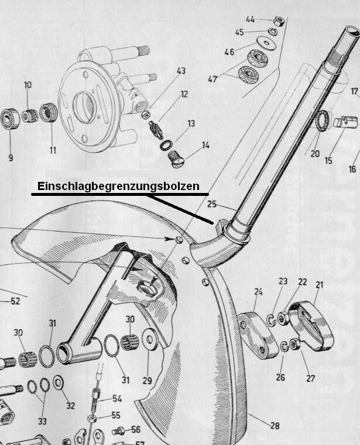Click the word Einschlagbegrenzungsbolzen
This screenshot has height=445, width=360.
coord(118,187)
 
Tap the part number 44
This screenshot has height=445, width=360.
coord(250,19)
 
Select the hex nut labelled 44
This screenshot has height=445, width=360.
coord(279,21)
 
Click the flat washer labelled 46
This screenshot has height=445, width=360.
coord(266,43)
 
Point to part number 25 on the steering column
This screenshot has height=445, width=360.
coord(212,204)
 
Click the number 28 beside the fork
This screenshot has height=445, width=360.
coord(275,426)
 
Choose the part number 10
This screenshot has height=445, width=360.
coord(28,85)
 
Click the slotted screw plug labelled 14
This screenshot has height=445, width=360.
coord(176,160)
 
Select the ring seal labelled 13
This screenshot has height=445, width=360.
coord(166,145)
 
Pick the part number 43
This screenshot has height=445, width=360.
coord(181,71)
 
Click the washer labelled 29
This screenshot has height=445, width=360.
coord(150,339)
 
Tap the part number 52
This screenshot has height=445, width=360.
coord(15,301)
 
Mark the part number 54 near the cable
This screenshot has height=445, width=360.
coord(117,398)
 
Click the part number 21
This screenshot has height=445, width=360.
coord(320,285)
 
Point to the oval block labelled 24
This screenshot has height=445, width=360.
coord(258,335)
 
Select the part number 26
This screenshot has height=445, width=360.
coord(280,377)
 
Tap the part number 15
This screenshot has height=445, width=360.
coord(328,160)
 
